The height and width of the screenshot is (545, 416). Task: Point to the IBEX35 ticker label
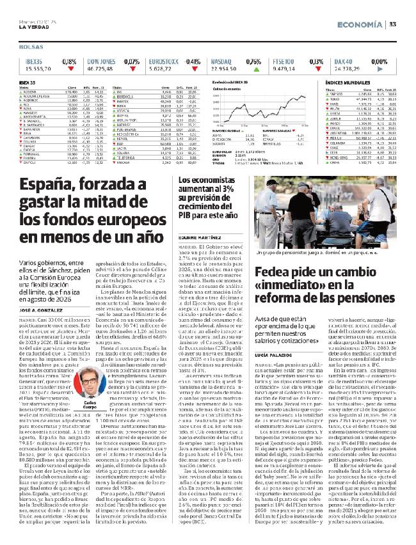point(33,60)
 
